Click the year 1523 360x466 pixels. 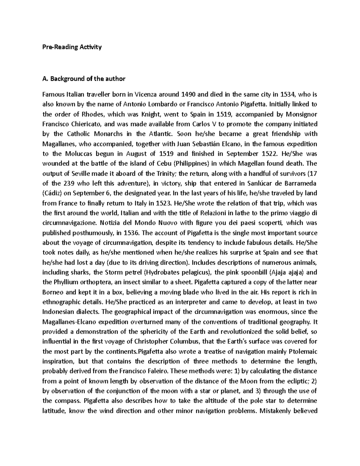[x=164, y=203]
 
